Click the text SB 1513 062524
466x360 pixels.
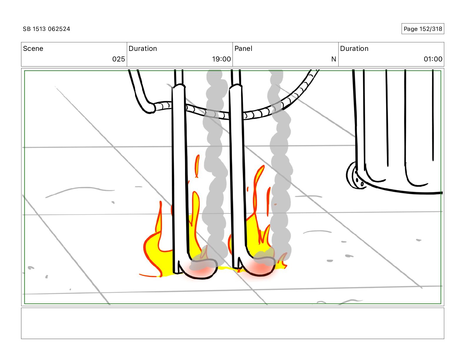click(46, 29)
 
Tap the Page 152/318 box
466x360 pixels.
click(422, 29)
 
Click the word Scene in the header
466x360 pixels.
click(33, 49)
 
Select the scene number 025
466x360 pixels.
click(119, 59)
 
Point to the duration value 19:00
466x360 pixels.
click(221, 59)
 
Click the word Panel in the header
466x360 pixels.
click(243, 49)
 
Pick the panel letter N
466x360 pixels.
click(333, 59)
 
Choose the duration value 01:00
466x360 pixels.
click(433, 59)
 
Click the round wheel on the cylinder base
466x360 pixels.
click(355, 176)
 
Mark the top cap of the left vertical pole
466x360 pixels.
click(179, 86)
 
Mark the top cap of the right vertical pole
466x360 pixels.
click(236, 86)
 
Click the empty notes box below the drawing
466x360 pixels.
click(232, 323)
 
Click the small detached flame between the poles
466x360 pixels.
click(197, 166)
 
